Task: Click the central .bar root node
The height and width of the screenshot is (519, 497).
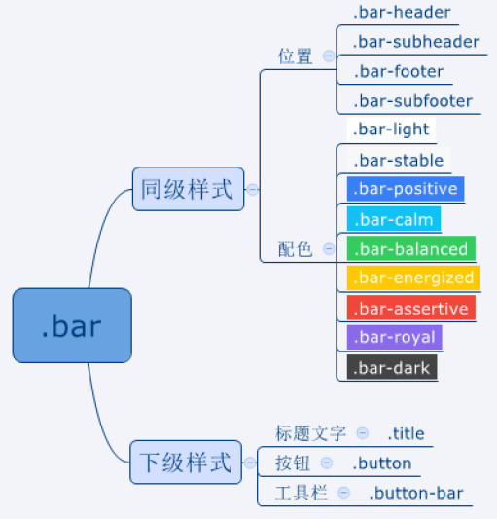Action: coord(72,325)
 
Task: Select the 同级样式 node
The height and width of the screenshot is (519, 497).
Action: coord(188,189)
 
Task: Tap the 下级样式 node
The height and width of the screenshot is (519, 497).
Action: coord(186,463)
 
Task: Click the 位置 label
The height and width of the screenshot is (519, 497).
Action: coord(295,56)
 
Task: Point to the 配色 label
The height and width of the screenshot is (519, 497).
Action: coord(295,249)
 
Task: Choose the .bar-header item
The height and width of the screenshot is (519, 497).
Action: coord(402,13)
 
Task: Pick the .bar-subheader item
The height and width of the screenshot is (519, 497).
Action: coord(416,42)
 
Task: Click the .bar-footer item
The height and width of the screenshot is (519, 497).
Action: coord(399,71)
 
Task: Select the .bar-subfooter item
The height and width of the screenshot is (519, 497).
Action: coord(412,101)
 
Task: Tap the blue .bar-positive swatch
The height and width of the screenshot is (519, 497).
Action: coord(406,189)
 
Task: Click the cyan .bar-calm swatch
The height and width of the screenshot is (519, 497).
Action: coord(394,218)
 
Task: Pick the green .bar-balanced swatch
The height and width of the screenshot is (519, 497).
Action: coord(411,248)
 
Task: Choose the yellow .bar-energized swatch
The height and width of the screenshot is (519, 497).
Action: coord(413,278)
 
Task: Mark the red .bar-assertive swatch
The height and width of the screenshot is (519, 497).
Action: coord(411,308)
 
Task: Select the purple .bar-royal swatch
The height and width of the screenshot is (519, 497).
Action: coord(394,337)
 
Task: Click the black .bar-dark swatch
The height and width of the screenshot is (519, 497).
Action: coord(392,367)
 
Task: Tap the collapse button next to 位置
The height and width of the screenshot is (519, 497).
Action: coord(329,56)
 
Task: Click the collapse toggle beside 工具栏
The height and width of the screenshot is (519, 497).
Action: coord(344,493)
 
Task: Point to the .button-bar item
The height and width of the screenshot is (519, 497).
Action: coord(416,493)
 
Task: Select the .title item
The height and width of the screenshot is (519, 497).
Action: coord(407,433)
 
